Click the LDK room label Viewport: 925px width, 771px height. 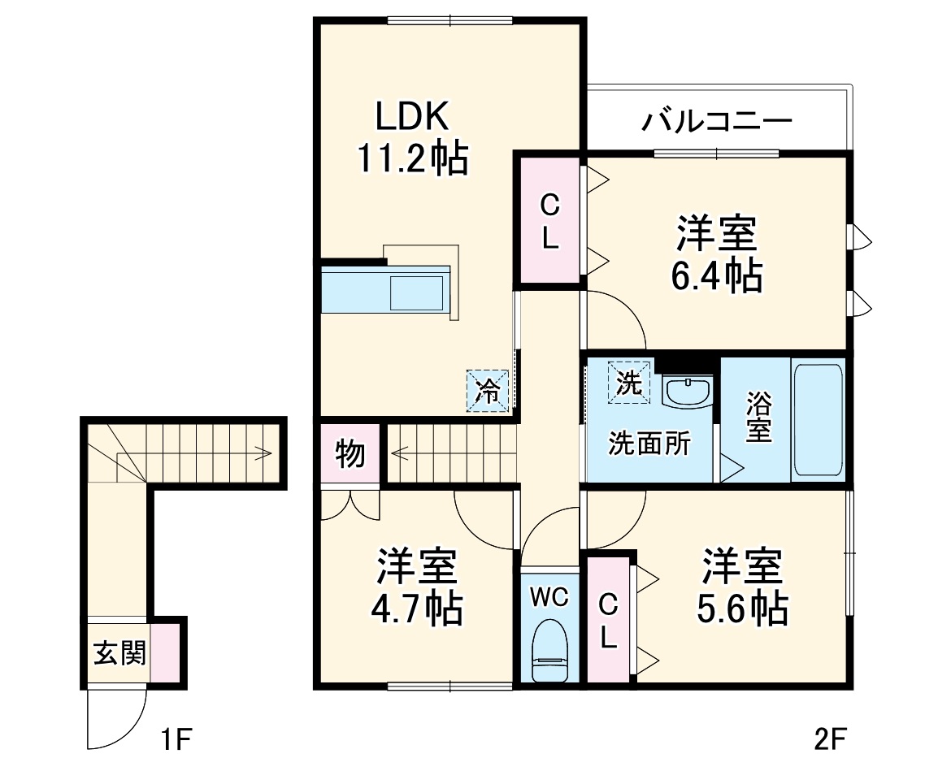coord(411,118)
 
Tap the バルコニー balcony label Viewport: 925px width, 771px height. coord(717,122)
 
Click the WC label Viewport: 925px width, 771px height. coord(549,598)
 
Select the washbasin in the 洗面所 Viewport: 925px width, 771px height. coord(687,391)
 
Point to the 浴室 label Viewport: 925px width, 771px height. coord(758,419)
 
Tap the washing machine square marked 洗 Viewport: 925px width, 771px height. coord(628,382)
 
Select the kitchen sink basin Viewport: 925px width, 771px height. coord(417,292)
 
